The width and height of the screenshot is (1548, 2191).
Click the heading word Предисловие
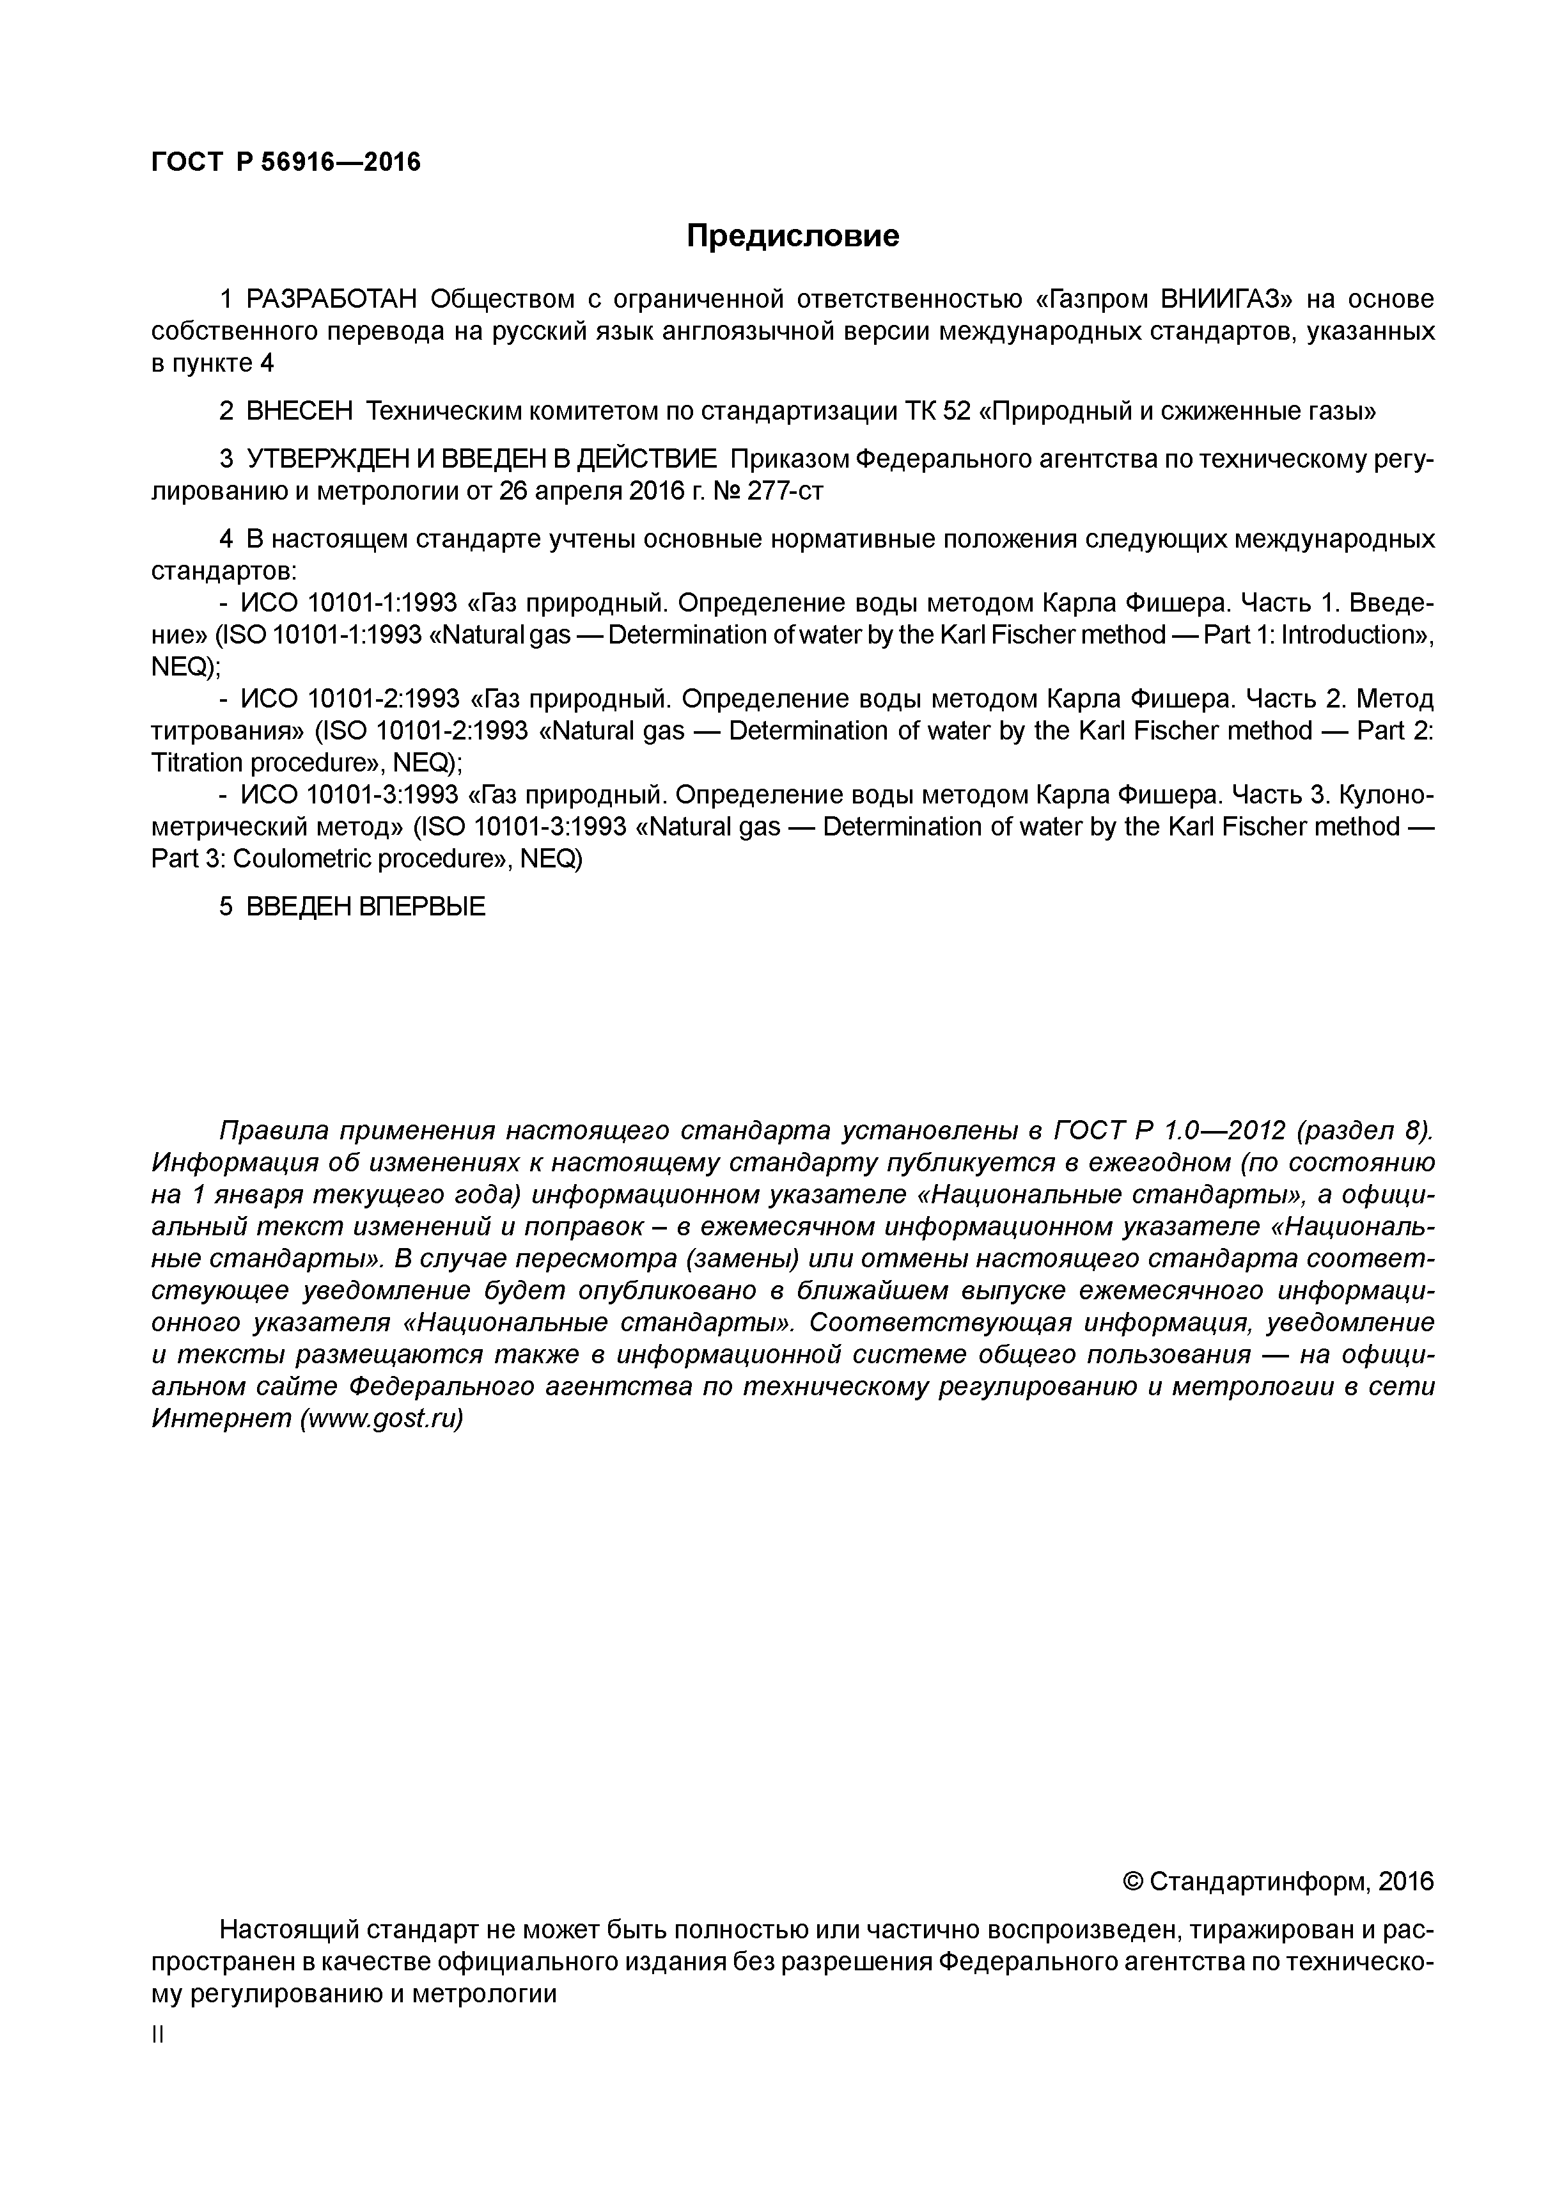tap(793, 235)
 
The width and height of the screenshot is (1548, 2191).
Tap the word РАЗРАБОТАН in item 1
tap(332, 299)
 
